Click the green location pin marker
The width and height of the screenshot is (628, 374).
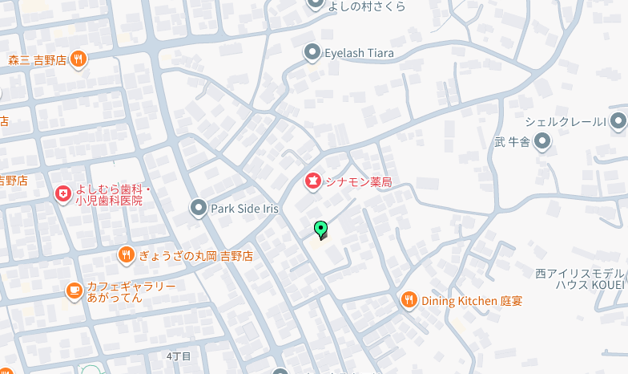321,230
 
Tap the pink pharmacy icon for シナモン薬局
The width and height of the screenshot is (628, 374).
312,182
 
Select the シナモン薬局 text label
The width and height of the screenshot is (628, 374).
358,182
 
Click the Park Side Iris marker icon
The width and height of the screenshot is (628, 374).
199,209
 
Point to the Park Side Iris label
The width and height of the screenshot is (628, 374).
244,209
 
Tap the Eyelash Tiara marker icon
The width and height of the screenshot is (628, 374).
312,53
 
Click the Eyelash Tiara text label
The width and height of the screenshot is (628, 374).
359,53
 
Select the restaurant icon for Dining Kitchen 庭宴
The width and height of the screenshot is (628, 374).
409,300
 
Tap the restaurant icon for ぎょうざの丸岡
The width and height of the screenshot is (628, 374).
126,256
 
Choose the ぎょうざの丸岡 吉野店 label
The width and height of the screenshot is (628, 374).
195,256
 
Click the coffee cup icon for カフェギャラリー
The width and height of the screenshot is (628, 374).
74,290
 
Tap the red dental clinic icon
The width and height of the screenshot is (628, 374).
62,193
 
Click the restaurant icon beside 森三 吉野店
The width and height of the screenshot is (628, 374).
78,59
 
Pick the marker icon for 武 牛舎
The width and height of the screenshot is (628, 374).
543,143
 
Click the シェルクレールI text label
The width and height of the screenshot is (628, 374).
564,122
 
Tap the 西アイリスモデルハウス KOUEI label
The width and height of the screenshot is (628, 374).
579,278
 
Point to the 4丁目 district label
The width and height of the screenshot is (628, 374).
179,356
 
